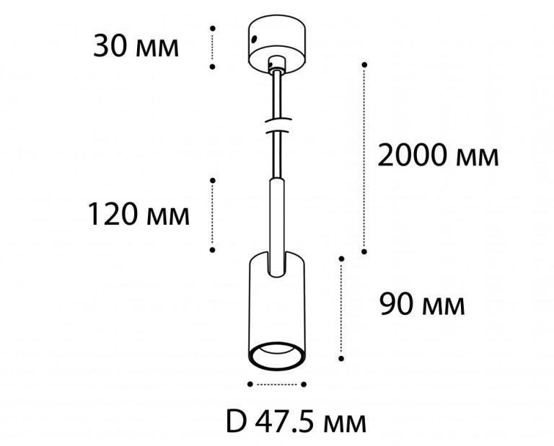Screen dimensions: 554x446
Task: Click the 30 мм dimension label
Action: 136,47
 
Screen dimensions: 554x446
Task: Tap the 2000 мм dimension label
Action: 438,156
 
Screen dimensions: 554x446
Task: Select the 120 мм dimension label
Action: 138,214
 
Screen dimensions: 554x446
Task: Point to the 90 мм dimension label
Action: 422,305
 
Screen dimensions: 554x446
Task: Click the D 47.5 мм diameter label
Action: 296,423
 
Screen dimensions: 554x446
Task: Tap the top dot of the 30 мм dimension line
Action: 212,28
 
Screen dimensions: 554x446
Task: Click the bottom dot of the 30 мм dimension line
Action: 212,66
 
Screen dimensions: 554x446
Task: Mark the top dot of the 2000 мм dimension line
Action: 364,65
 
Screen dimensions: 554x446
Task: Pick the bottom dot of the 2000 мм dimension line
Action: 364,251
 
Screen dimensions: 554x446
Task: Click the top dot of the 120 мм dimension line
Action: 212,180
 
